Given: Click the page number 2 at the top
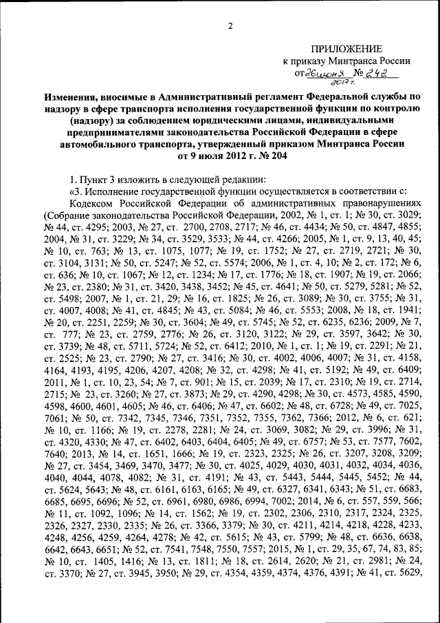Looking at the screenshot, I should [x=231, y=26].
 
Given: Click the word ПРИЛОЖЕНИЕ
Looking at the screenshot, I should [x=346, y=49].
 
